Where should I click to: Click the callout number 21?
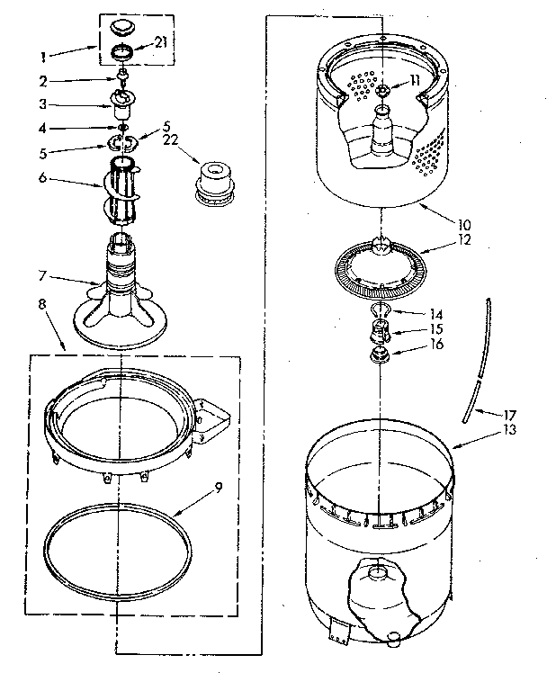pos(161,42)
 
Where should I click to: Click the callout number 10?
pos(464,223)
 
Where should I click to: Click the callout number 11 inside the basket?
pos(415,80)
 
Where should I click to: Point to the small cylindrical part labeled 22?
pos(212,180)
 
